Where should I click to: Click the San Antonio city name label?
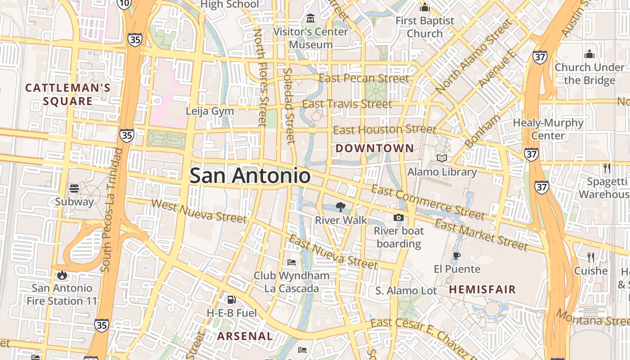tap(250, 176)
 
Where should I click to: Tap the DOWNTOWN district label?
tap(375, 148)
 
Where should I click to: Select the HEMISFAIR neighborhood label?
tap(482, 289)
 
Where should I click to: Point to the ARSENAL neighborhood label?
tap(245, 336)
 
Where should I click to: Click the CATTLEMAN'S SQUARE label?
tap(67, 94)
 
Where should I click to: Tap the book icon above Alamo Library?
tap(442, 158)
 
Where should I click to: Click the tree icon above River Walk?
tap(341, 207)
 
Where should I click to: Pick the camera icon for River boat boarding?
tap(398, 218)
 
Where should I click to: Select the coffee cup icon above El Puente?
tap(457, 256)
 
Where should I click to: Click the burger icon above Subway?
tap(74, 188)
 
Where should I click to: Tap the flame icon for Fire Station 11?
tap(62, 274)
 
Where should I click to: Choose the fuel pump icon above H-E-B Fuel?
tap(231, 299)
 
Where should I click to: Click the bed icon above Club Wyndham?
tap(292, 262)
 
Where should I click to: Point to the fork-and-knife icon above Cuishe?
tap(591, 257)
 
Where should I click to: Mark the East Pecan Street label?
tap(364, 78)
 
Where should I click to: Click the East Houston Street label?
tap(385, 130)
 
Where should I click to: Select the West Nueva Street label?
tap(199, 211)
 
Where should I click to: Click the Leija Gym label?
tap(210, 111)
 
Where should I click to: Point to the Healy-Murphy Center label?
tap(548, 129)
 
